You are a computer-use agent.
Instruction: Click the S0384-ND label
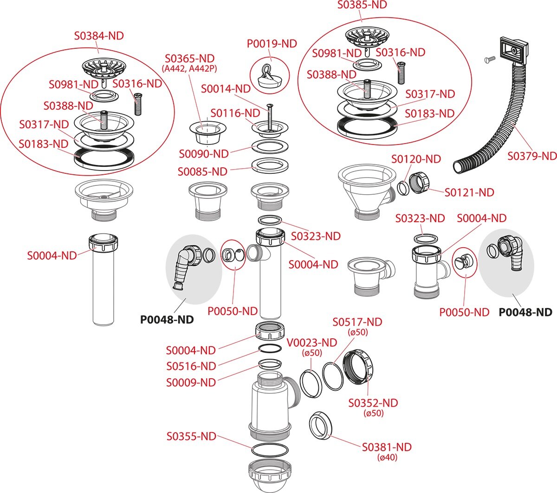(99, 36)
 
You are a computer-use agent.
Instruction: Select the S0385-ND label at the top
(362, 5)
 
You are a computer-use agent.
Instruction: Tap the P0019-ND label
(272, 44)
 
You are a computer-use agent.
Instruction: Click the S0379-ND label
(532, 156)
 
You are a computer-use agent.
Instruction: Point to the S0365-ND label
(190, 59)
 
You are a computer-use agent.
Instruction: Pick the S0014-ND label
(226, 89)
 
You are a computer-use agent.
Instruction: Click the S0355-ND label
(191, 436)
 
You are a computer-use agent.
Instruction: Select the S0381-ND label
(387, 447)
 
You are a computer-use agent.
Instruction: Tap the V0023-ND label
(311, 343)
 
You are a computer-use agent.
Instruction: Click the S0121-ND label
(469, 192)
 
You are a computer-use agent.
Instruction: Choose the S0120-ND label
(416, 159)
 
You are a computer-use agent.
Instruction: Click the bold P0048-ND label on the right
(525, 312)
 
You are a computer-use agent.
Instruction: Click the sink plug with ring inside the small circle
(270, 76)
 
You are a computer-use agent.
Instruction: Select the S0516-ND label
(191, 366)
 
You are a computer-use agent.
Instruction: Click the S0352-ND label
(373, 403)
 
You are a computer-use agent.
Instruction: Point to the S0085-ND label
(202, 171)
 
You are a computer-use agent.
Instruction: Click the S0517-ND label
(357, 322)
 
